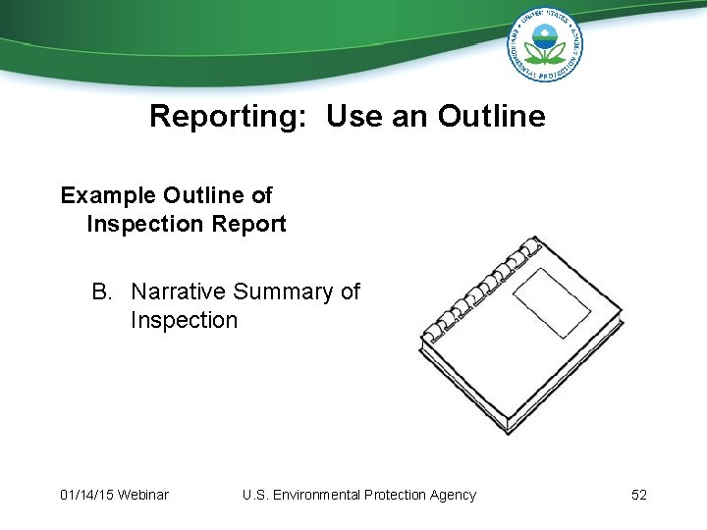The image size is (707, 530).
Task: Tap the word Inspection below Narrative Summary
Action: pyautogui.click(x=184, y=320)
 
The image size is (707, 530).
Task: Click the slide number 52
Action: pyautogui.click(x=639, y=495)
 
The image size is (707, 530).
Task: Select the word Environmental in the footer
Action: pyautogui.click(x=317, y=495)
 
